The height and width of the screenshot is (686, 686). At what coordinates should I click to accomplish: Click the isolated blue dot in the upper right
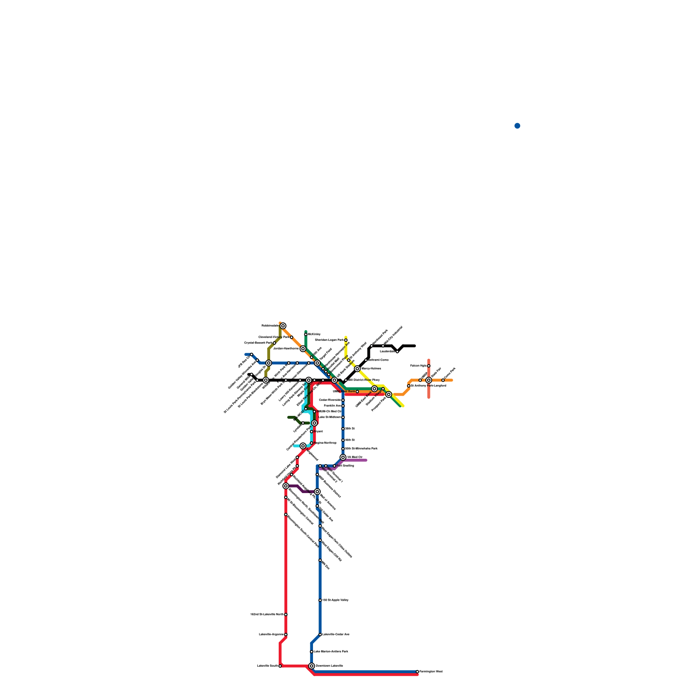(x=517, y=126)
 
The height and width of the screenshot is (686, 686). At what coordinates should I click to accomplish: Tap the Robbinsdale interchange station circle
(x=283, y=326)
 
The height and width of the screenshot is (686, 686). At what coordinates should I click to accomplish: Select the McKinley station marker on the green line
(x=306, y=334)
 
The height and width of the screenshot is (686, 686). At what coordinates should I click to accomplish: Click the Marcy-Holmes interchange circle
(x=357, y=369)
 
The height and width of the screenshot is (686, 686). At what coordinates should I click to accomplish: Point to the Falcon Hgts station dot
(x=429, y=366)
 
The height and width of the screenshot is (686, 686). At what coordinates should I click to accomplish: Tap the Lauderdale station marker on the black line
(x=397, y=352)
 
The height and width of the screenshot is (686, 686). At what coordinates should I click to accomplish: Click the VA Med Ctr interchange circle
(x=343, y=457)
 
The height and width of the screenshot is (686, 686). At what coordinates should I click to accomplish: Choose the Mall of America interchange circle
(x=317, y=492)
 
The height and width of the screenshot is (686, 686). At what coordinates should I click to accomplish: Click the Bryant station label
(x=318, y=431)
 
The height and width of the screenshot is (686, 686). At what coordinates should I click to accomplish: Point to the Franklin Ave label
(x=332, y=406)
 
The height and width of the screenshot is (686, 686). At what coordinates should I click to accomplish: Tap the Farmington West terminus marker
(x=417, y=671)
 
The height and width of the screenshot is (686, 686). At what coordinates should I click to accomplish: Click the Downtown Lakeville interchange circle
(x=312, y=666)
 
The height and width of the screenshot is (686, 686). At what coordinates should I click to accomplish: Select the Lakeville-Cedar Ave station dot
(x=320, y=635)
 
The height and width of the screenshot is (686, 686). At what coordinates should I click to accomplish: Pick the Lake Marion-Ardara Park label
(x=331, y=651)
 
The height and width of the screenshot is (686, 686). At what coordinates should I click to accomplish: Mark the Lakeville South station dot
(x=280, y=666)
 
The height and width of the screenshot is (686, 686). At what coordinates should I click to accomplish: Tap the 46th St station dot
(x=343, y=440)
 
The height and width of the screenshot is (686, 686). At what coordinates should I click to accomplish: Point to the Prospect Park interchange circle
(x=388, y=394)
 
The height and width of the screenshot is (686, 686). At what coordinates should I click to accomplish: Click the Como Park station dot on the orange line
(x=443, y=380)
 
